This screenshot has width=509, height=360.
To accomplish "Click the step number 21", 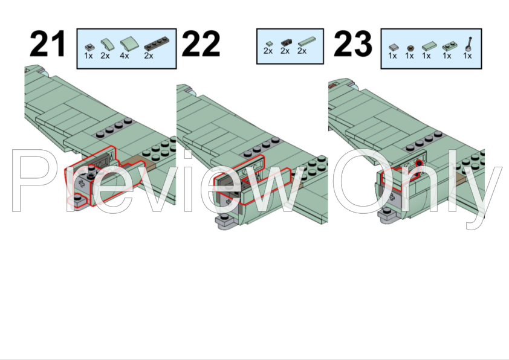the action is (47, 43).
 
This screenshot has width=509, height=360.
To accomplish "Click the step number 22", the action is (201, 43).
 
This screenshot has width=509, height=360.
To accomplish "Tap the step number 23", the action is (352, 43).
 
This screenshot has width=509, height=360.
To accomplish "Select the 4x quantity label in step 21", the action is (125, 56).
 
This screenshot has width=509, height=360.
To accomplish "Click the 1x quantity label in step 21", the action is (88, 56).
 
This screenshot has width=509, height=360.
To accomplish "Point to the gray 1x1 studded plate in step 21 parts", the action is (89, 47).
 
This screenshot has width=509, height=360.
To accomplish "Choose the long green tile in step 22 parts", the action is (306, 41).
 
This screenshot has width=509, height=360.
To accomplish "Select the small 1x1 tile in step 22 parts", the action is (269, 43).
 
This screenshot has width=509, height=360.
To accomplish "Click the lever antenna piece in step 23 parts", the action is (468, 44).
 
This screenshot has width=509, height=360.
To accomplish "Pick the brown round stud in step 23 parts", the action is (410, 48).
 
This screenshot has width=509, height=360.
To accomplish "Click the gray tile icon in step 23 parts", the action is (394, 47).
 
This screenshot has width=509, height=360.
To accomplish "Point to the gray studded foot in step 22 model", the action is (226, 222).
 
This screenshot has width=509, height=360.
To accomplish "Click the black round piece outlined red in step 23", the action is (419, 163).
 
